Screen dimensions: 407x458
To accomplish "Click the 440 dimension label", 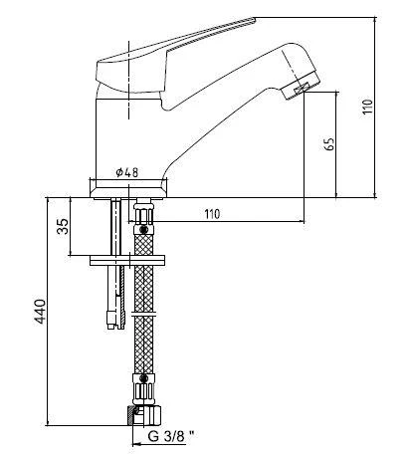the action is coord(41,312).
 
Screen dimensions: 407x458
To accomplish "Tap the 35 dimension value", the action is coord(63,226).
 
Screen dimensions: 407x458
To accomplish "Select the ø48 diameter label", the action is coord(127,172).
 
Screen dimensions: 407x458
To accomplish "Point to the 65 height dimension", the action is coord(329,143).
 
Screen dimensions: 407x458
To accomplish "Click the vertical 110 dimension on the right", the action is coord(367,107).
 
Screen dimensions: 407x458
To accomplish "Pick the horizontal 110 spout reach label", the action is coord(212,214).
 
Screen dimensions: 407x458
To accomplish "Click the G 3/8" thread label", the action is coord(171,436).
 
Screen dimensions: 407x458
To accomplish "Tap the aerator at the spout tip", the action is coord(302,88).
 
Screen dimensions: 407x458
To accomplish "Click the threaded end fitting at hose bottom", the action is coord(144,415).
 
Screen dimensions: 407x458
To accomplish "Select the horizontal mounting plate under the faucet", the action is coord(127,261).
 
